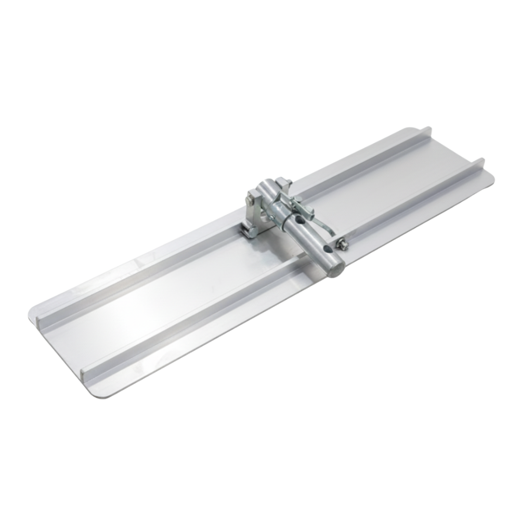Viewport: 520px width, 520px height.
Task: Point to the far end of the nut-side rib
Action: tap(481, 162)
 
